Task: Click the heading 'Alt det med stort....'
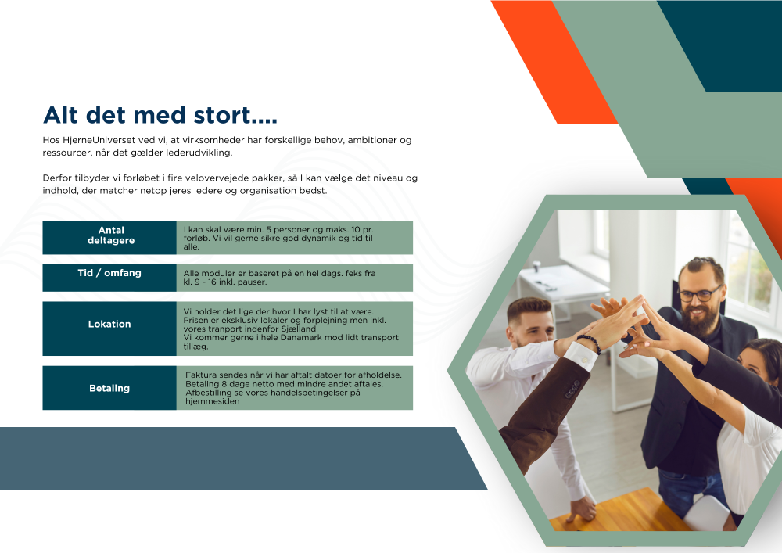(x=160, y=115)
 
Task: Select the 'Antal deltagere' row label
(x=111, y=235)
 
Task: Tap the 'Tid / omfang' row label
(x=109, y=273)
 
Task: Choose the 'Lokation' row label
(x=109, y=324)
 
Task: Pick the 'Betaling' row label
(x=109, y=388)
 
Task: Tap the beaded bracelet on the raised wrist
(x=590, y=343)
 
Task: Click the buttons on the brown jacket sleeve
(x=572, y=389)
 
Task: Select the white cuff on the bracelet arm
(x=581, y=356)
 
